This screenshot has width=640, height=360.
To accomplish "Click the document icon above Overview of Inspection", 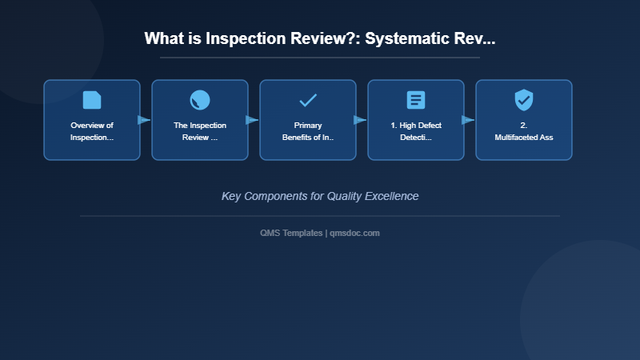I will point(92,100).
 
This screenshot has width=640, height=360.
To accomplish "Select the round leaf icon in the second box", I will point(200,100).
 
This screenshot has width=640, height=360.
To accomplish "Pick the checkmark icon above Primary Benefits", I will point(308,100).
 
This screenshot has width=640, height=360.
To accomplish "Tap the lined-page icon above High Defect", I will point(416,100).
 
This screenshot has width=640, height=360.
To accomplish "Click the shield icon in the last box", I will point(524,100).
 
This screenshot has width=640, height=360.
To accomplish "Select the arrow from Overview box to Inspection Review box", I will point(144,120).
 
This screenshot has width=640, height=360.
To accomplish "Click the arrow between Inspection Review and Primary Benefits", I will point(252,120).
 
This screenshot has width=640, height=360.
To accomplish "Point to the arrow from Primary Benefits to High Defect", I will point(360,120).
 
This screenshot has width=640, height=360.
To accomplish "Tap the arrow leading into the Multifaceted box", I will point(468,120).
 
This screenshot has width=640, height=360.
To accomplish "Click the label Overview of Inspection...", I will point(92,131).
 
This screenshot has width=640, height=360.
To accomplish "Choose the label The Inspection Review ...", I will point(200,131).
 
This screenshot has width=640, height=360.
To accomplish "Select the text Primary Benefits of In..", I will point(308,131).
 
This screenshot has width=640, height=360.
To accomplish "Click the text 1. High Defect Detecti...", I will point(416,131).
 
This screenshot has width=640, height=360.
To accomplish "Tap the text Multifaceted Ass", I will point(524,137).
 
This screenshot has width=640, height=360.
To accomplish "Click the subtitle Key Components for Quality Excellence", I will point(320,196).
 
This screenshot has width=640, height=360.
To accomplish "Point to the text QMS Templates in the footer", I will point(291,233).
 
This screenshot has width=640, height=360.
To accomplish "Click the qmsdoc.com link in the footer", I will point(354,233).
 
